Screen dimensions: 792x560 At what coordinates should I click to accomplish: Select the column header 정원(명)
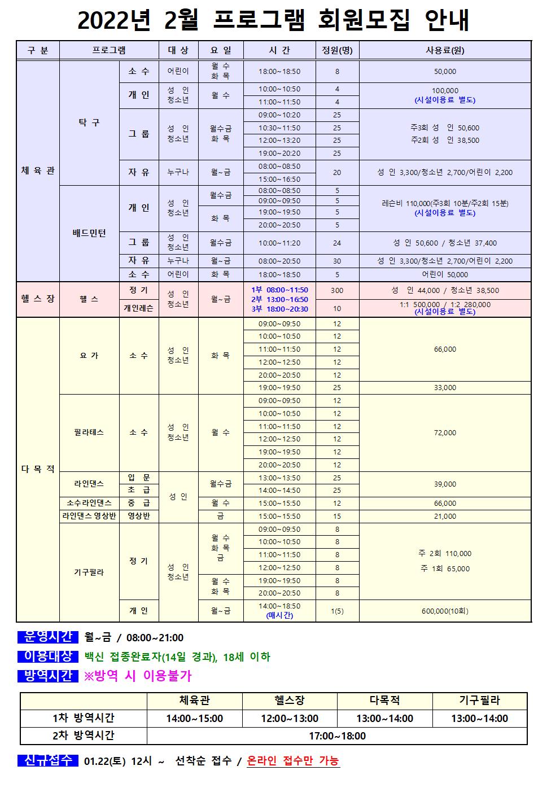(337, 50)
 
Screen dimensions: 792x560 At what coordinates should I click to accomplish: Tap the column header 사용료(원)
(445, 50)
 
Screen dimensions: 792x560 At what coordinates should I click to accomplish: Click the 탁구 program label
(89, 122)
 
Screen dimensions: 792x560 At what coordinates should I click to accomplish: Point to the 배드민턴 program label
(89, 233)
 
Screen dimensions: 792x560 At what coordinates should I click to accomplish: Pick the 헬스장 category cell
(38, 299)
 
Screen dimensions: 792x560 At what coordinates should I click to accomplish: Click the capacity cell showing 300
(337, 291)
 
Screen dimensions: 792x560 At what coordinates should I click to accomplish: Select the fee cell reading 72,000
(445, 433)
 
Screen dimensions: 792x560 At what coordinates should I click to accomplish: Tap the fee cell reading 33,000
(445, 388)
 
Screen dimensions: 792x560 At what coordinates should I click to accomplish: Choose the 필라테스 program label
(89, 432)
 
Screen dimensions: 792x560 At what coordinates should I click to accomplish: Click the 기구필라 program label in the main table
(89, 572)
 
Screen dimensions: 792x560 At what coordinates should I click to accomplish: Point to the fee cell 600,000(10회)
(445, 611)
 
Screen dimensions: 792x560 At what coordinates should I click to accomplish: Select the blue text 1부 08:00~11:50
(279, 290)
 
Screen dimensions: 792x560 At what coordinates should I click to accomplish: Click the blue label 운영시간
(48, 637)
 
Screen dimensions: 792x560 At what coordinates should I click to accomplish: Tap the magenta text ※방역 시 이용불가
(138, 676)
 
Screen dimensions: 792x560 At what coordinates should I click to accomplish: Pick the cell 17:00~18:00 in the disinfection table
(337, 736)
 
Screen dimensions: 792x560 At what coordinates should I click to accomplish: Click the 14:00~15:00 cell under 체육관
(194, 719)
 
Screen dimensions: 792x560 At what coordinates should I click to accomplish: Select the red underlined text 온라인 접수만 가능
(293, 761)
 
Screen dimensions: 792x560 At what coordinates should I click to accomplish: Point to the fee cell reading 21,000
(445, 517)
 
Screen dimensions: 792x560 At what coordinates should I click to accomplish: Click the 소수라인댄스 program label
(89, 503)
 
